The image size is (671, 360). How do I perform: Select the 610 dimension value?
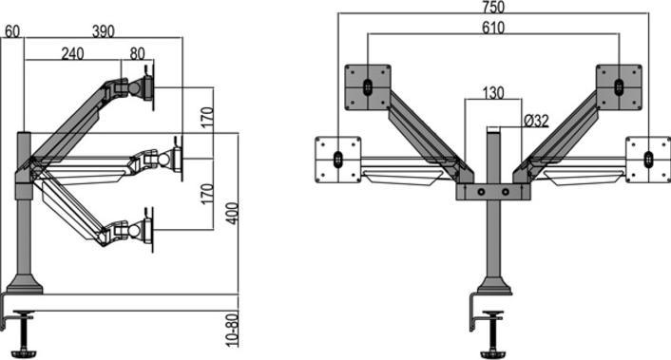[492, 28]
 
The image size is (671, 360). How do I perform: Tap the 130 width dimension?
[493, 93]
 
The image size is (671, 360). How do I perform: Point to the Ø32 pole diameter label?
[536, 120]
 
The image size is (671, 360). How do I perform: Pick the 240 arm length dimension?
[72, 54]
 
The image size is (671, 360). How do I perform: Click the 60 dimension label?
[12, 30]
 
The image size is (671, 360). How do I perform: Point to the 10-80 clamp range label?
[231, 329]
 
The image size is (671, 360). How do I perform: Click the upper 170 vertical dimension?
[206, 118]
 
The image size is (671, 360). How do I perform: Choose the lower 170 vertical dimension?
[206, 194]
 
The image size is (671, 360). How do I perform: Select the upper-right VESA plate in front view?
[619, 85]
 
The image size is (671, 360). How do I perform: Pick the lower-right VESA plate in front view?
[648, 157]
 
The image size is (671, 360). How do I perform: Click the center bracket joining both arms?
[492, 191]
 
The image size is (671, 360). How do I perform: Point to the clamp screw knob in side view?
[25, 337]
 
